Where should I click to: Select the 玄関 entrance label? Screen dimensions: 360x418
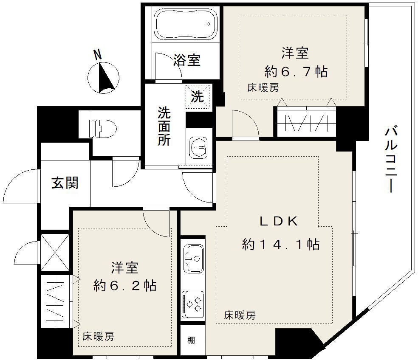65,183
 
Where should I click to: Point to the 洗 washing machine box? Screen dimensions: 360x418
198,96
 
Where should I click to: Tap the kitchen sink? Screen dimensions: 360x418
193,258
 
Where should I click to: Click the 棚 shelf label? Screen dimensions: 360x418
191,340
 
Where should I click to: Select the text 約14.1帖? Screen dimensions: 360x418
281,245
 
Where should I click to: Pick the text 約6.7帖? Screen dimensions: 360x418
296,71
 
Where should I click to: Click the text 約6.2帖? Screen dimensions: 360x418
125,285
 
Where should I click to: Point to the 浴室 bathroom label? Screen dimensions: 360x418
186,60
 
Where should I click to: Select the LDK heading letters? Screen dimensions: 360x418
280,221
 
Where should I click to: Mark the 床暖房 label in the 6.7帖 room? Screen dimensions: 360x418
263,88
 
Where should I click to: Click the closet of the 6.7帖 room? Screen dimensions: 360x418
306,122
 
